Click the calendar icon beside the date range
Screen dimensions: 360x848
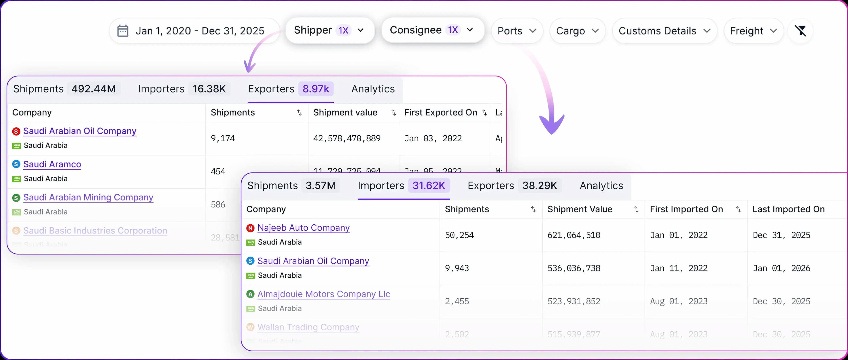click(123, 31)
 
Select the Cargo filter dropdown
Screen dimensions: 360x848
click(577, 31)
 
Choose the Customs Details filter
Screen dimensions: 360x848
click(664, 31)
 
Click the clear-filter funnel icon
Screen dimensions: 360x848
click(800, 31)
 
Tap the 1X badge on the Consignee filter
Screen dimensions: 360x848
click(453, 30)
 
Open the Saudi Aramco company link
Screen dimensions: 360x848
click(52, 164)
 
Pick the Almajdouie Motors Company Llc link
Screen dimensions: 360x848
click(324, 294)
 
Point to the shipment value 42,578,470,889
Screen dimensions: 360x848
click(347, 138)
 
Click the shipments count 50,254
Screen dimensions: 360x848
click(459, 235)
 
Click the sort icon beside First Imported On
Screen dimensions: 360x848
click(738, 209)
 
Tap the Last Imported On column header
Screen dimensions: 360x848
click(788, 209)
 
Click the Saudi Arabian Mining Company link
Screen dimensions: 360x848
click(88, 197)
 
